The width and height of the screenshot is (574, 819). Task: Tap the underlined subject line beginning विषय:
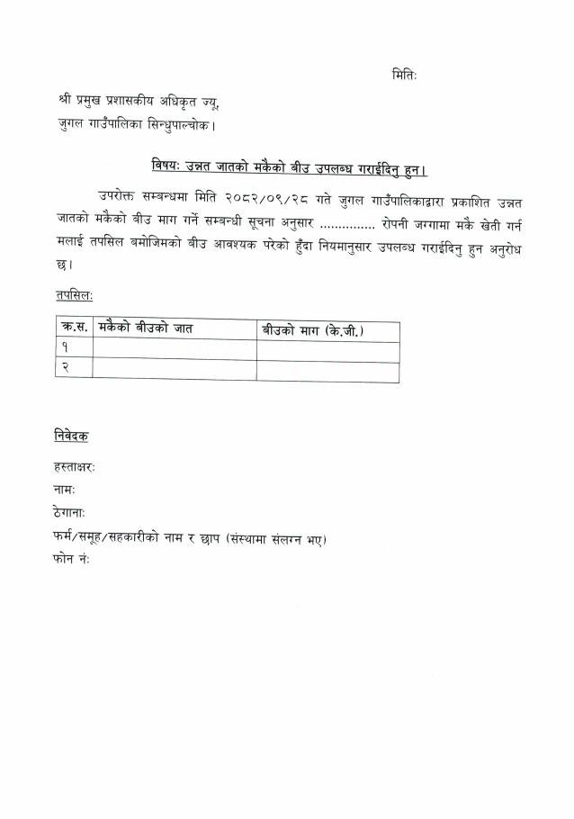288,168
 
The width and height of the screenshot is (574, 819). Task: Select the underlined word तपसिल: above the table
73,295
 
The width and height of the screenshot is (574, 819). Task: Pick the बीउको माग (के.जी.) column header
312,330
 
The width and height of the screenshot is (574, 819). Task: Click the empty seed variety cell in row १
174,349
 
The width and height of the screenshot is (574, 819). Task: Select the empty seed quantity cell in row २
327,369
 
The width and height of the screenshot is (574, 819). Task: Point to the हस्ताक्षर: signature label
75,467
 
